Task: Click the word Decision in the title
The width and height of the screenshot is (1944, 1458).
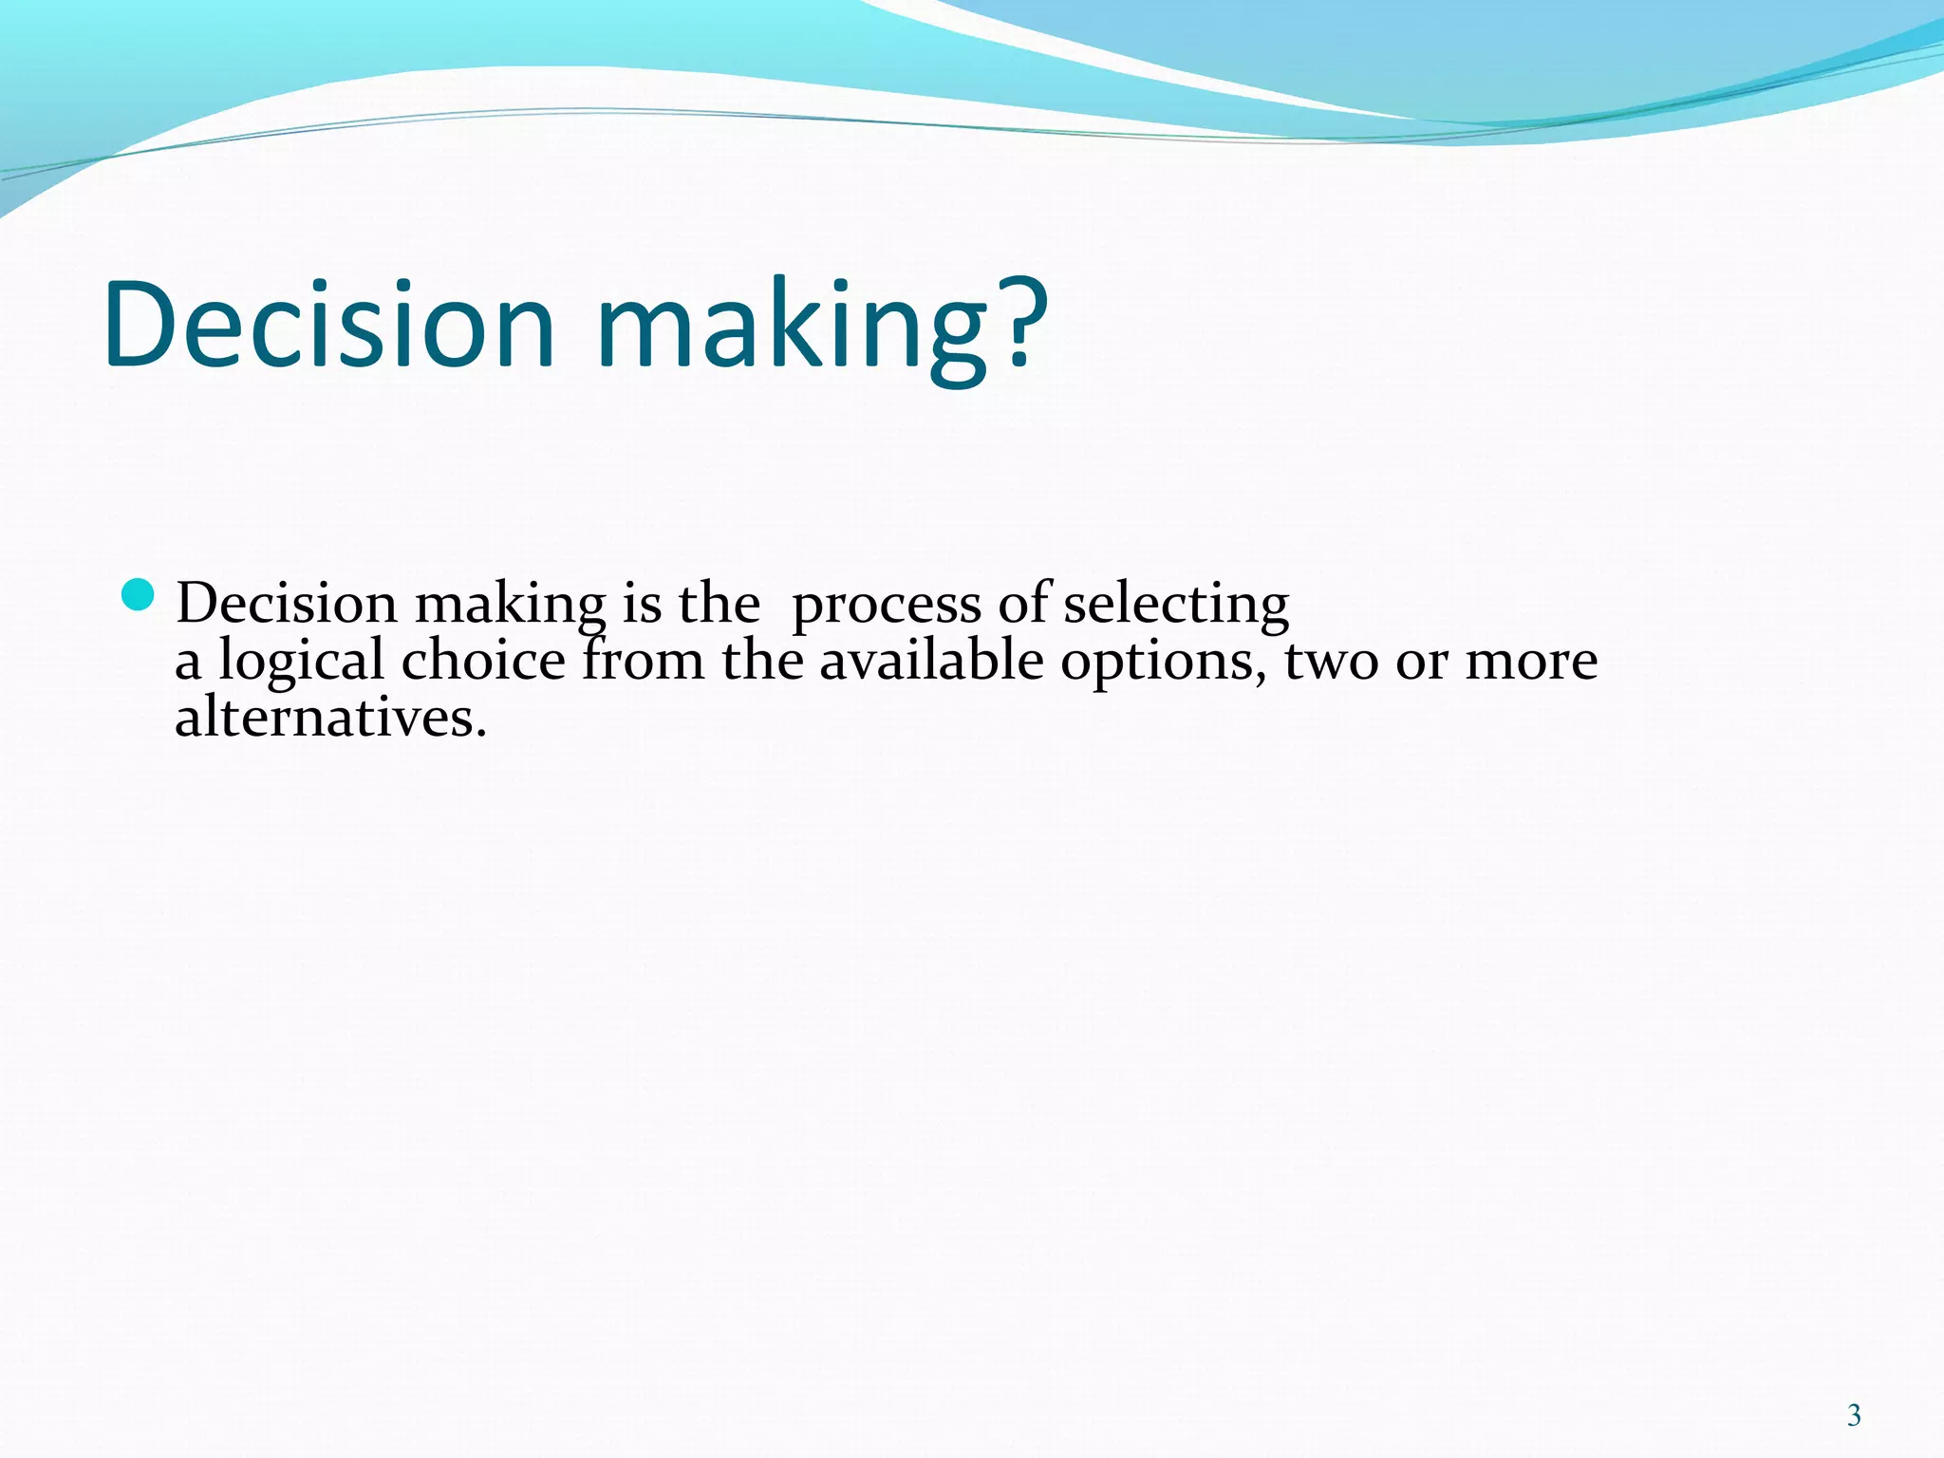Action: (x=328, y=325)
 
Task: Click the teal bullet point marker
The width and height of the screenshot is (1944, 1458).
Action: (x=139, y=595)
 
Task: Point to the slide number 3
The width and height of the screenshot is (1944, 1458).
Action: (x=1854, y=1415)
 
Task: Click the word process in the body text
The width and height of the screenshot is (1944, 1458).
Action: (x=886, y=606)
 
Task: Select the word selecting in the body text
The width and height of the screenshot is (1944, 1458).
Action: (x=1175, y=604)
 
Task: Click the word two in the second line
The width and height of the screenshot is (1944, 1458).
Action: (x=1331, y=662)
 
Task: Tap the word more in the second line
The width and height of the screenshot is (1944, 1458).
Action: (x=1531, y=662)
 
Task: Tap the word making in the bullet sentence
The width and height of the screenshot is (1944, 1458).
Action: (x=510, y=606)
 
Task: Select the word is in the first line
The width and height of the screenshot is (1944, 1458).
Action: (x=642, y=604)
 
